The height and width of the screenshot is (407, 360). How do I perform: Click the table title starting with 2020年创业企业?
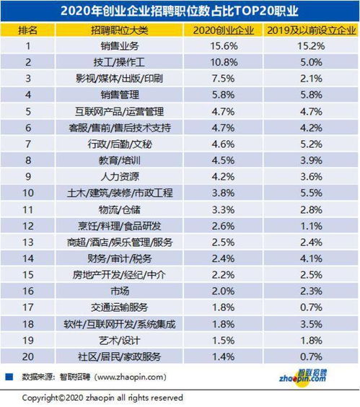click(x=179, y=10)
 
